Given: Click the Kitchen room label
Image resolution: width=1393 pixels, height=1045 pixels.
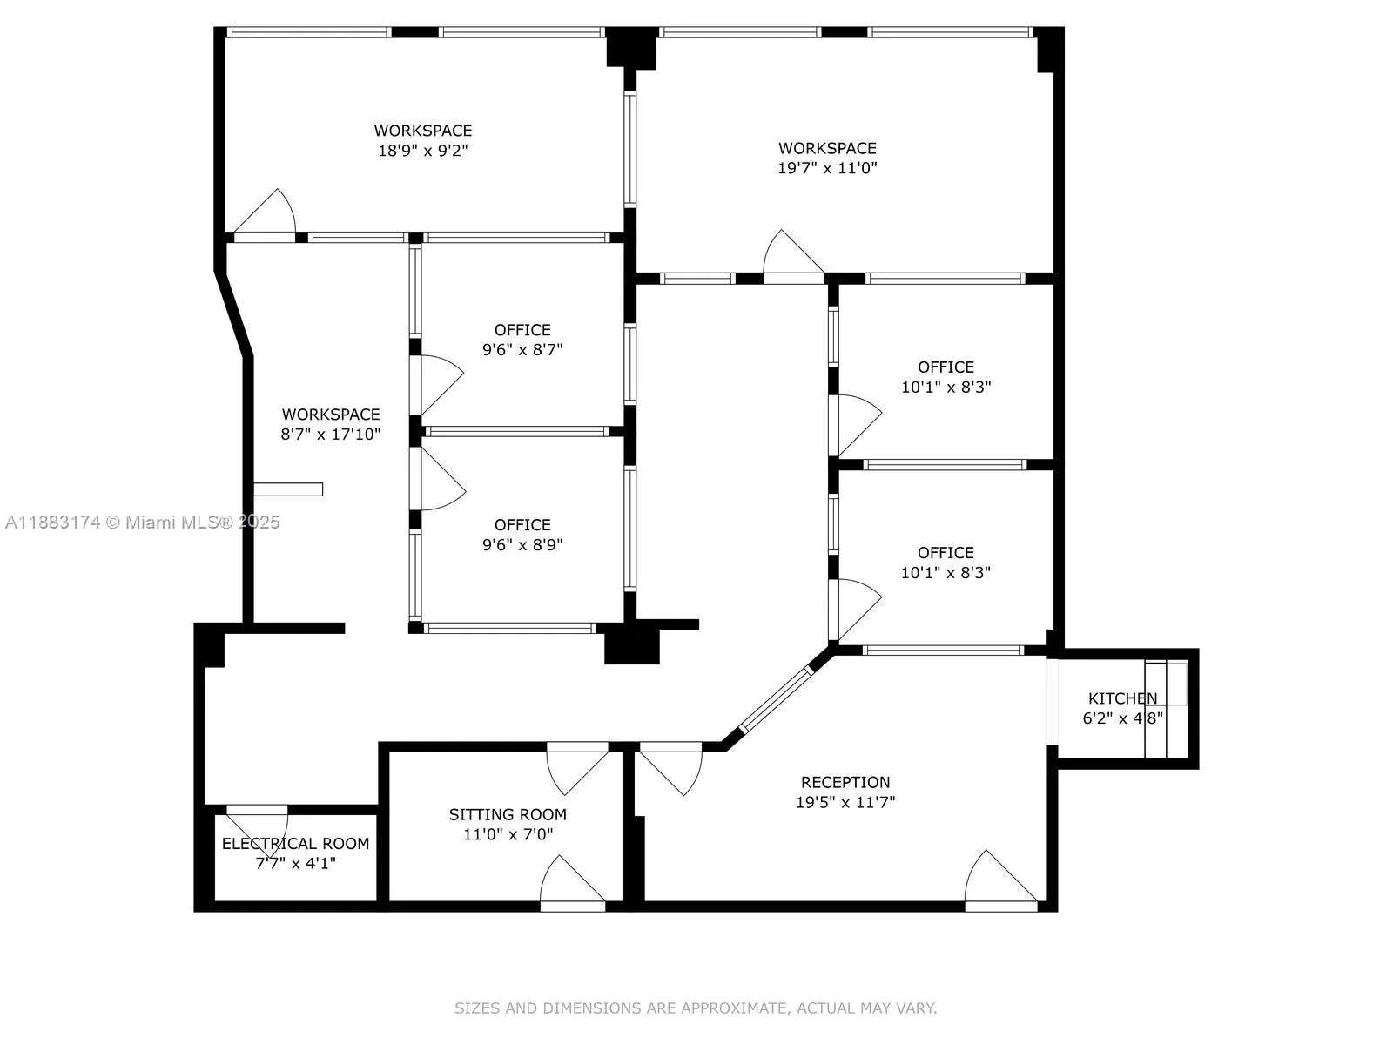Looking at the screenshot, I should click(1122, 698).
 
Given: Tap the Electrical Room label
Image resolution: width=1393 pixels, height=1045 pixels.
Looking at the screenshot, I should click(295, 844).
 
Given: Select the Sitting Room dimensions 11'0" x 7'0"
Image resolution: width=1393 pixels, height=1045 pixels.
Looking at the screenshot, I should click(508, 834).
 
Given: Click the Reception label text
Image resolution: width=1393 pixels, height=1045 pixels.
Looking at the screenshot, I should click(845, 782).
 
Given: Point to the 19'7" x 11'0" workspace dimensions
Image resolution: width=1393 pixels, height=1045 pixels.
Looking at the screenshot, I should click(827, 168).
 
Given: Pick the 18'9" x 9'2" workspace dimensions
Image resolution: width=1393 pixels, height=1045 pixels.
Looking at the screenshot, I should click(423, 151).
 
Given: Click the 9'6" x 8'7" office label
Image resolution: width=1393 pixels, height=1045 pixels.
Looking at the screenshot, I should click(522, 330).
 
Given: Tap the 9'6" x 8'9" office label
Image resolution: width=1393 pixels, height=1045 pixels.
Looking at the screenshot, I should click(522, 525).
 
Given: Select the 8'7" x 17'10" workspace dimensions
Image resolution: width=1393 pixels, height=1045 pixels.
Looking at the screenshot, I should click(330, 434).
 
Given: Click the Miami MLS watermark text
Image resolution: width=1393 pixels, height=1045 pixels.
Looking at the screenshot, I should click(142, 522).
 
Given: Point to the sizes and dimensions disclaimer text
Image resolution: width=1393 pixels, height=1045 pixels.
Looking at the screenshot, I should click(696, 1008).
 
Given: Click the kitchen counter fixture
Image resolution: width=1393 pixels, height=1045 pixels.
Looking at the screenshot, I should click(1164, 709).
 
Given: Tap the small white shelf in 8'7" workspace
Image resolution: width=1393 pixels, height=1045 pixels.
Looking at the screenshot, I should click(288, 489).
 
